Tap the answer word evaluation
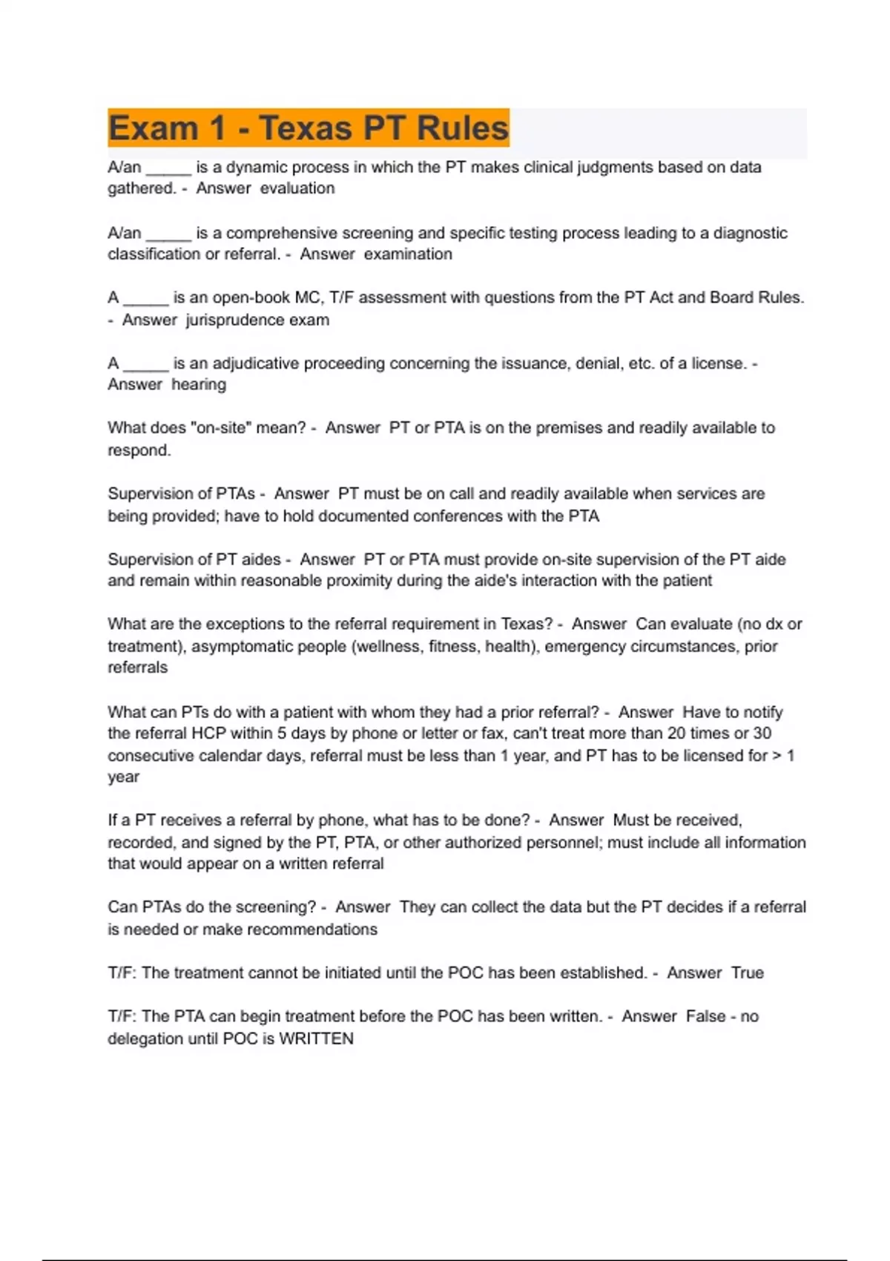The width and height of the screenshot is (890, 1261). point(297,188)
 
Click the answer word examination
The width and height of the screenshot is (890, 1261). point(408,254)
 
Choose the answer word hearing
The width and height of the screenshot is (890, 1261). point(199,385)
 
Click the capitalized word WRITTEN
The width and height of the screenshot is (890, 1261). point(316,1039)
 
